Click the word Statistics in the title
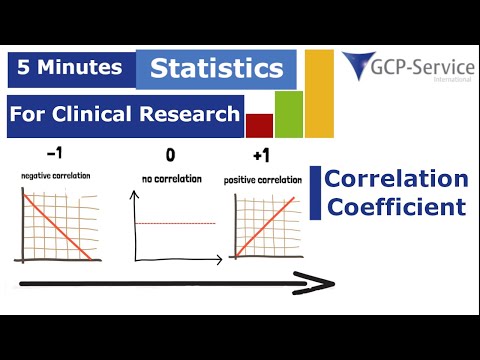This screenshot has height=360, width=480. pos(216,69)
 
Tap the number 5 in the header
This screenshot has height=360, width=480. pos(22,70)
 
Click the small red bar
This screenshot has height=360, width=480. pos(259,126)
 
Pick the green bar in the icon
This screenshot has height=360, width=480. pos(288,114)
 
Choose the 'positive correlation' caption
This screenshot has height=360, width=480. pos(265,181)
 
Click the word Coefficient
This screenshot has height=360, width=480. pos(395,207)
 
